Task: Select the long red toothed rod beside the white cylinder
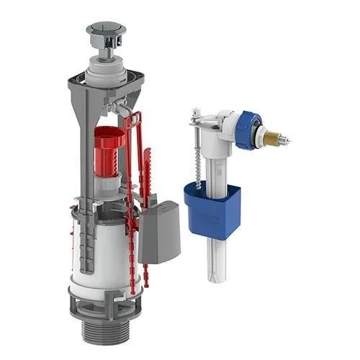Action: [x=132, y=216]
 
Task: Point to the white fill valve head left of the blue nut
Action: [x=226, y=126]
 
